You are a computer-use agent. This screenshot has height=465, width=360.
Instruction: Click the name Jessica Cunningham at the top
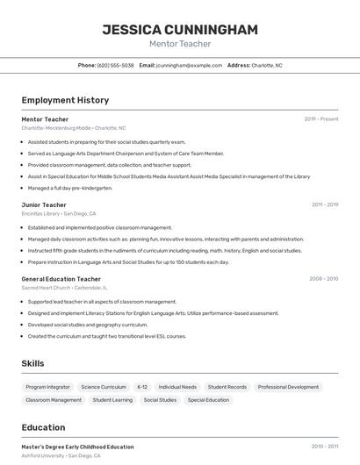(x=180, y=29)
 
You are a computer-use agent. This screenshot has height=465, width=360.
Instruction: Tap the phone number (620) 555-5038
(x=115, y=65)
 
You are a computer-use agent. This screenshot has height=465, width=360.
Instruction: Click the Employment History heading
(x=65, y=100)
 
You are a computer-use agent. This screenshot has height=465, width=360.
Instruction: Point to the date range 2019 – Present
(x=321, y=118)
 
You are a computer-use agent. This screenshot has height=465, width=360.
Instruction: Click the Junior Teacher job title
(x=44, y=204)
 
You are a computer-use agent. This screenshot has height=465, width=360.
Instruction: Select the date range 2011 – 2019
(x=325, y=204)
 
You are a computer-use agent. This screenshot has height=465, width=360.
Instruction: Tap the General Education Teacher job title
(x=61, y=279)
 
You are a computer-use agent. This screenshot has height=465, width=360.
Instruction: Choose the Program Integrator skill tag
(x=47, y=387)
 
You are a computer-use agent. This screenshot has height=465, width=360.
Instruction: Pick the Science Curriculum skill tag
(x=104, y=387)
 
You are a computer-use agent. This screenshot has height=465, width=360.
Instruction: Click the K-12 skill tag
(x=142, y=387)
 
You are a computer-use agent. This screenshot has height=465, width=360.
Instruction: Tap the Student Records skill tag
(x=227, y=387)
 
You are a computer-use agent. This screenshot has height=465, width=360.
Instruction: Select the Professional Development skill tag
(x=288, y=387)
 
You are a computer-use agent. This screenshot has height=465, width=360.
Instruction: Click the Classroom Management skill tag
(x=54, y=400)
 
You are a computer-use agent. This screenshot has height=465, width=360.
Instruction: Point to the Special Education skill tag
(x=208, y=400)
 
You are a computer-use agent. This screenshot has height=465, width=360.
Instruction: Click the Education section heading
(x=43, y=428)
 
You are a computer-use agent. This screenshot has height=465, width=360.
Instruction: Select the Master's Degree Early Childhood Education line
(x=77, y=447)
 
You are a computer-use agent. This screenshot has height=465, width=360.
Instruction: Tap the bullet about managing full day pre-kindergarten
(x=70, y=188)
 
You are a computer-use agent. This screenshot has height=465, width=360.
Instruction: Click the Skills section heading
(x=32, y=363)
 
